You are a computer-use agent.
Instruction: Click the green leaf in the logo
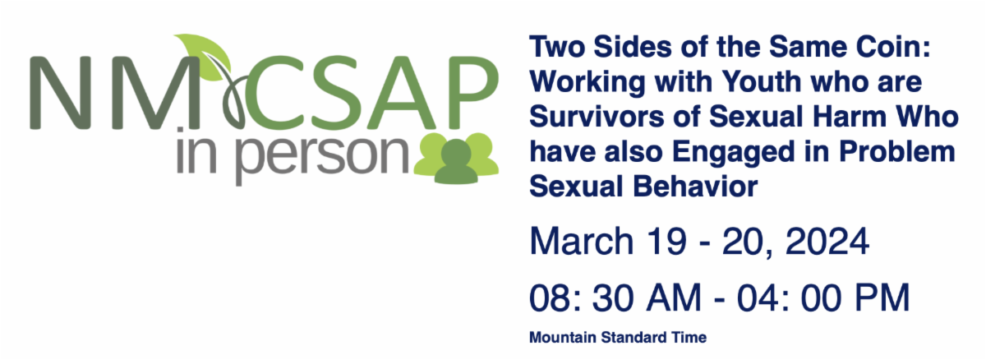point(205,55)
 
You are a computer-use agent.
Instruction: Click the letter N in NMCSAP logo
point(60,93)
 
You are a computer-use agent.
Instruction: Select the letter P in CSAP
point(473,92)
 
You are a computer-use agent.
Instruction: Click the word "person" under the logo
point(323,156)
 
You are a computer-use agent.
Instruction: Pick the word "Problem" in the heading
point(897,152)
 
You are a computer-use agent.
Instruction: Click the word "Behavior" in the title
point(695,187)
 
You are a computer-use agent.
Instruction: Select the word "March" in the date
point(582,241)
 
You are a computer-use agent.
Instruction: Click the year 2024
point(827,241)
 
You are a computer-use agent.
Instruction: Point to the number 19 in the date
point(667,241)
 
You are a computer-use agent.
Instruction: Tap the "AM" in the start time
point(674,298)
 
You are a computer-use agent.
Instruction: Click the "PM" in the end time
point(882,298)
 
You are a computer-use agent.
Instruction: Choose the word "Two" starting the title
point(557,47)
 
